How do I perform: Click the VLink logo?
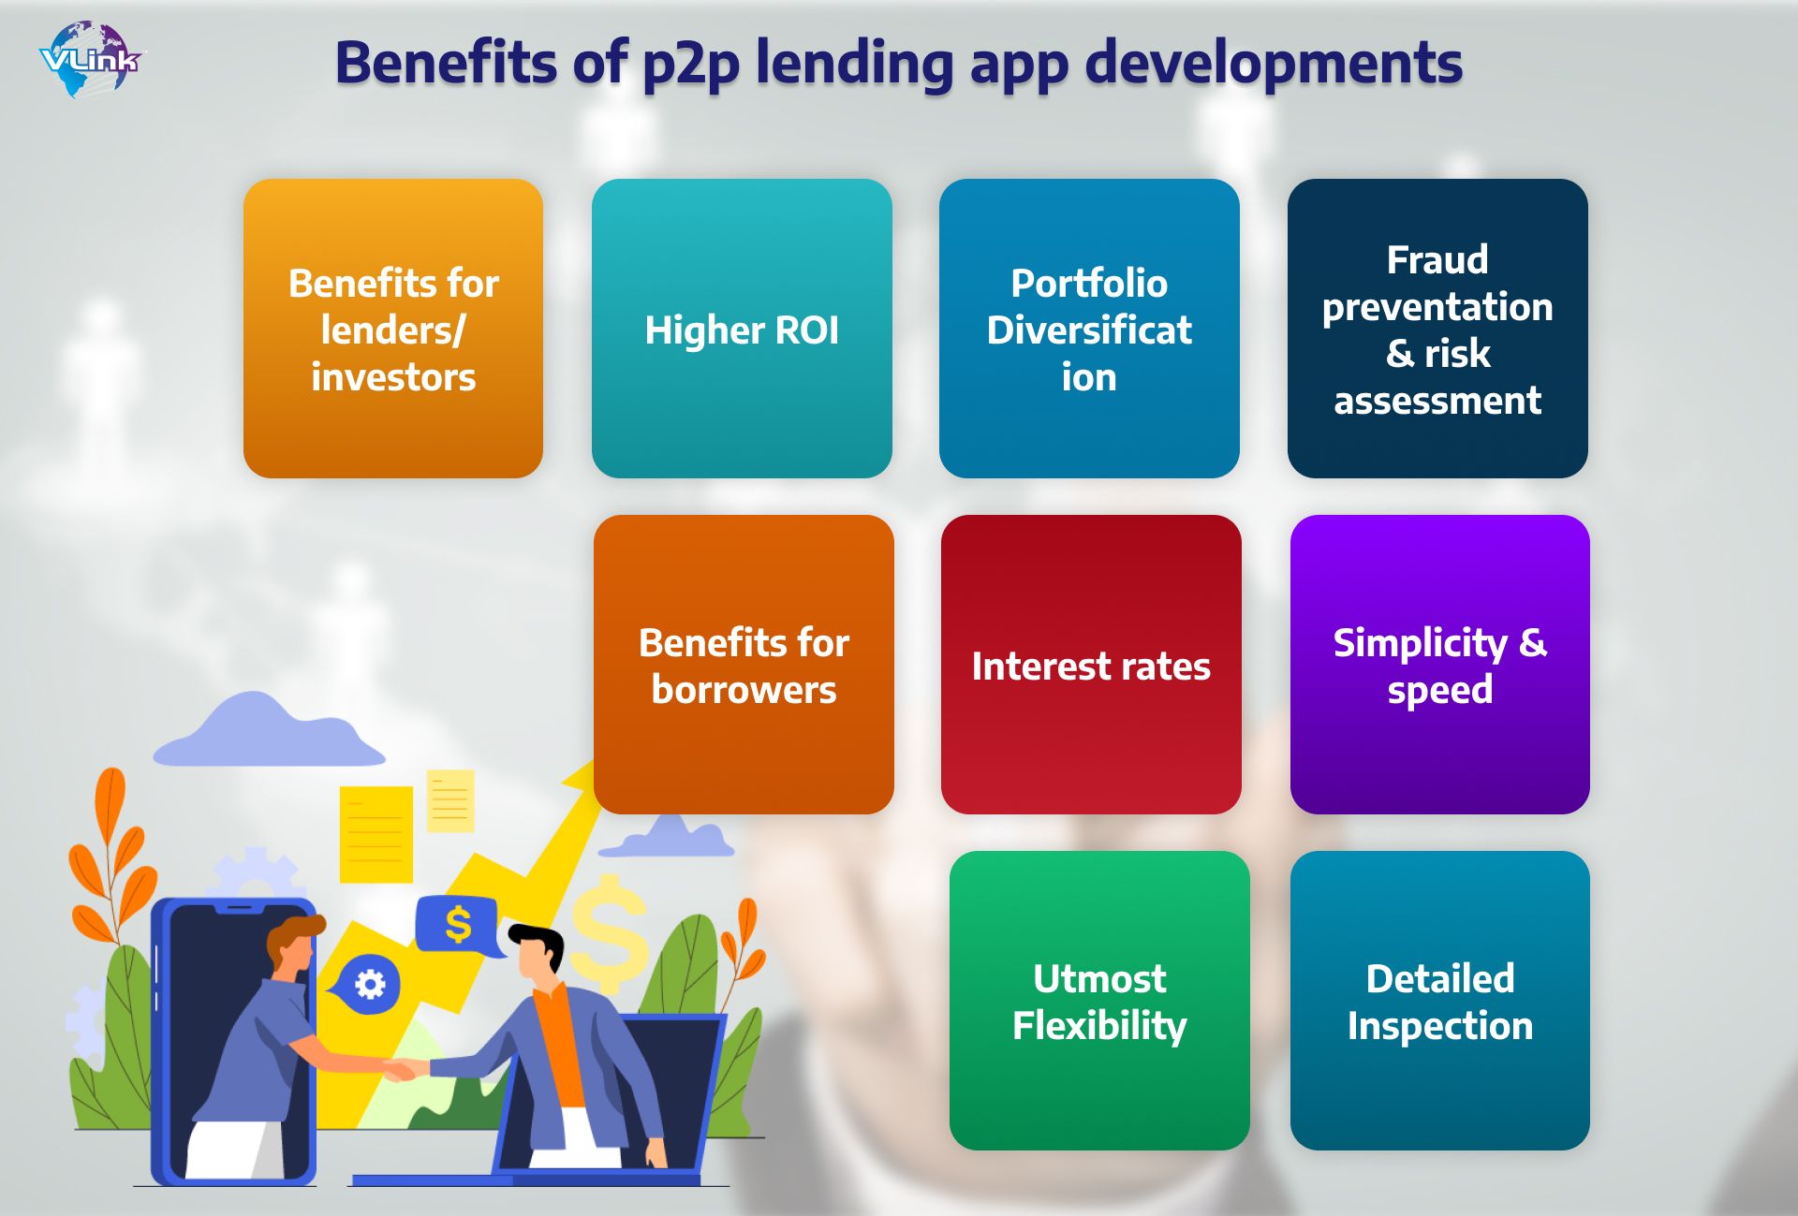tap(91, 59)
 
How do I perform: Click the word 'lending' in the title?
tap(854, 64)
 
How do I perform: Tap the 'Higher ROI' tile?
tap(742, 329)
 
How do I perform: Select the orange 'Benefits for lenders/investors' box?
tap(393, 329)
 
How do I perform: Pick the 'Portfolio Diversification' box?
tap(1089, 329)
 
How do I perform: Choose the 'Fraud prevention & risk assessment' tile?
tap(1437, 329)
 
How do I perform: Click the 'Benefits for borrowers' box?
tap(744, 665)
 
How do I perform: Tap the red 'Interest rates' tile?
tap(1091, 665)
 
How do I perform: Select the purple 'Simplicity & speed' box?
tap(1440, 665)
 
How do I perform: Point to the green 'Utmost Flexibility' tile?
tap(1099, 1001)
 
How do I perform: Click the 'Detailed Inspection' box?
tap(1440, 1001)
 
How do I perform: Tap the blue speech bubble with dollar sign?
tap(457, 926)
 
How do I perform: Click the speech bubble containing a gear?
tap(367, 985)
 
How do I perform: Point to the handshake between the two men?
tap(403, 1068)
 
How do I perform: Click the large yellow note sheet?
tap(376, 834)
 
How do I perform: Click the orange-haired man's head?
tap(293, 945)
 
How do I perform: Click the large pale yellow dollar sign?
tap(610, 933)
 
